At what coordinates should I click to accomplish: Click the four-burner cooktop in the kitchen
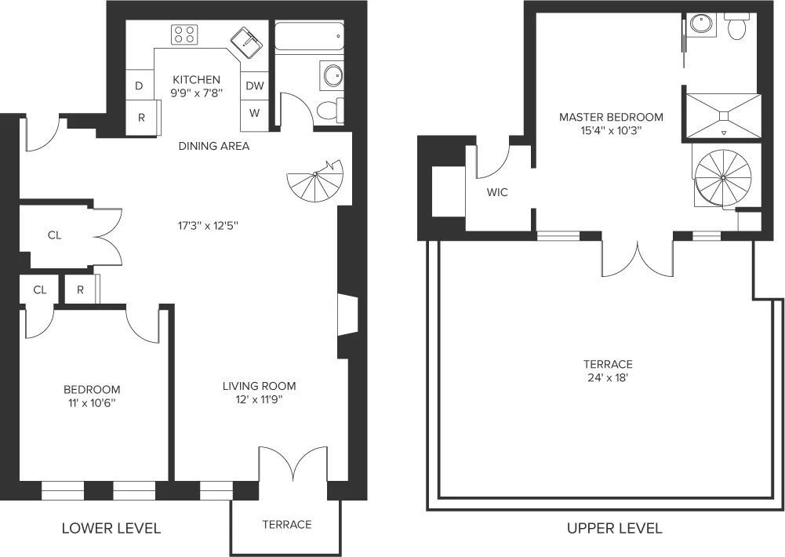(184, 34)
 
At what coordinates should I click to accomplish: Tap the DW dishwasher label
(255, 86)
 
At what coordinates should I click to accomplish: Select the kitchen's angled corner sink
(247, 41)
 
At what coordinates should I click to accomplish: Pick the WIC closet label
(497, 192)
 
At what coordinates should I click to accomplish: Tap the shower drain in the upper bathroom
(723, 117)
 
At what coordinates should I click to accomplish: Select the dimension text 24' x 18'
(608, 378)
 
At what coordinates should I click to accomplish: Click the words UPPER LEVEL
(614, 528)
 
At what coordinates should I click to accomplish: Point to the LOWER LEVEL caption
(111, 528)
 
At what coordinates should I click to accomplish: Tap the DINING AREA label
(214, 146)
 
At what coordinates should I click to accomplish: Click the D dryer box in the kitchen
(139, 86)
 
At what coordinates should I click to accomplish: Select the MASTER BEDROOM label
(611, 117)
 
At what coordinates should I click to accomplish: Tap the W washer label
(255, 113)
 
